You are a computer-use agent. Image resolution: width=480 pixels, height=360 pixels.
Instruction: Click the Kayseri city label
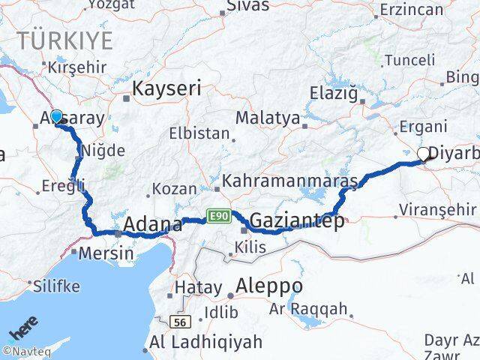coord(166,88)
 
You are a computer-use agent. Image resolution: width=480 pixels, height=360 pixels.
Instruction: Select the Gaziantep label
coord(297,220)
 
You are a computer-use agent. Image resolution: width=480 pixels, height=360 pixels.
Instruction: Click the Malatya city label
coord(268,118)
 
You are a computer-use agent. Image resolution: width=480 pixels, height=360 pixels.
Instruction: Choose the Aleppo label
coord(269,286)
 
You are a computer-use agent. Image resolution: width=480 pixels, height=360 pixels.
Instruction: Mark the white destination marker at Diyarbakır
coord(424,154)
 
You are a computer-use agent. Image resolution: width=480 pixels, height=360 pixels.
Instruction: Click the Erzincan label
coord(412,10)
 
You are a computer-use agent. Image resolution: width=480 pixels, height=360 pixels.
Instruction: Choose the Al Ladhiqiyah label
coord(206,342)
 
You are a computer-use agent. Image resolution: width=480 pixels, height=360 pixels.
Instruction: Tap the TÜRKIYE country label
coord(66,40)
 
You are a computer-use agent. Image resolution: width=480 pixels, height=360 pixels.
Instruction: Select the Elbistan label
coord(204,133)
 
